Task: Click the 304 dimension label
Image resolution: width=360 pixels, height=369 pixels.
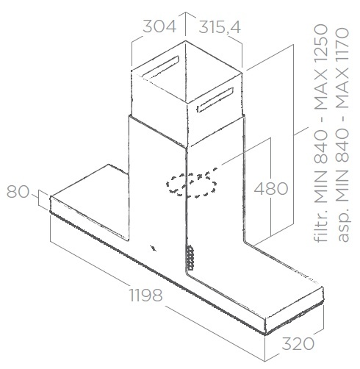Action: (x=159, y=26)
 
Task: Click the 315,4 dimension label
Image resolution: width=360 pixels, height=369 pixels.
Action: (x=220, y=27)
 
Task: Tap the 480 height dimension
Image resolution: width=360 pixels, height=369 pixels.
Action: (x=271, y=189)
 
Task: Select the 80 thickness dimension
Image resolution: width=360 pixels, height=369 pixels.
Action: (x=18, y=191)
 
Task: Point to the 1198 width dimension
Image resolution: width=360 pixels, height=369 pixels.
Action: (x=145, y=295)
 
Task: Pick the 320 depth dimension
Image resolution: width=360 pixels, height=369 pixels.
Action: (x=298, y=343)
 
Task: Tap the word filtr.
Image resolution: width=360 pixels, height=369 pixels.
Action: (x=321, y=227)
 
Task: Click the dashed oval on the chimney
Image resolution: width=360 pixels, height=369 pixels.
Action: (x=191, y=183)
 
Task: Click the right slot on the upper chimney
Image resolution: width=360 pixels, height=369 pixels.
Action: (x=215, y=100)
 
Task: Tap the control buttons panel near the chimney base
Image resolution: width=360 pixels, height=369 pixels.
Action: (x=190, y=258)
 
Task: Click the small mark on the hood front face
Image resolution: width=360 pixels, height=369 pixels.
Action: (x=153, y=248)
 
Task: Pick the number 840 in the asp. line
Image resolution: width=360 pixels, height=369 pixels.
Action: (x=342, y=146)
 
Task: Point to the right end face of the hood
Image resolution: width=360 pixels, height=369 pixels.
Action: (x=295, y=311)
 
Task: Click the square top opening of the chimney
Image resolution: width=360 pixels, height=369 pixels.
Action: (x=187, y=72)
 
